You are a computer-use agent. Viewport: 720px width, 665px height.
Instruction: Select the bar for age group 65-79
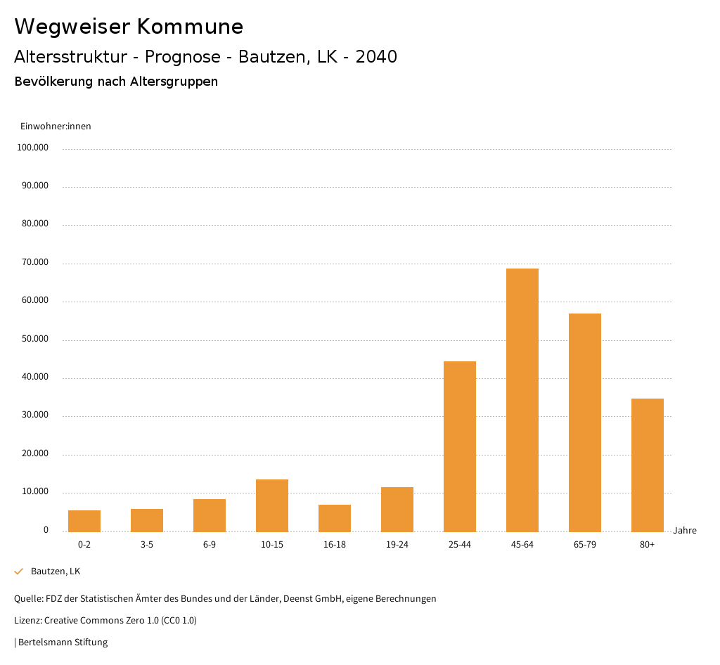(585, 422)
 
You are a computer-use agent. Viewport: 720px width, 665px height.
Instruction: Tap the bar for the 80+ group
(648, 465)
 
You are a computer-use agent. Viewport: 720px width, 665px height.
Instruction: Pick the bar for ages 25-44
(460, 446)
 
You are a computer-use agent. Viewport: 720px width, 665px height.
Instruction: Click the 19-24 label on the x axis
(397, 545)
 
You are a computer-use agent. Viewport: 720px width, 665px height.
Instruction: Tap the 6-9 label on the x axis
(210, 545)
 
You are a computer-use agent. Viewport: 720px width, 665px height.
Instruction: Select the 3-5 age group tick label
(147, 545)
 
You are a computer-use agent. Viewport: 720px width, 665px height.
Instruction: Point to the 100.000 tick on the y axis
(34, 148)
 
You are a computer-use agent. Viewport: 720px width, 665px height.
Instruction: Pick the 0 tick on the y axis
(46, 530)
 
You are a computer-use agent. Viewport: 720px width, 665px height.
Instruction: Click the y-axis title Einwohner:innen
(56, 127)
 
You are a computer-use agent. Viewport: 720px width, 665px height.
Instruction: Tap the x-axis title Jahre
(684, 531)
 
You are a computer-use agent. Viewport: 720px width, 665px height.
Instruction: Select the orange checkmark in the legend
(19, 572)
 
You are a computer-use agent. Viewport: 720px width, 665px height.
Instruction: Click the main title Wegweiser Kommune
(129, 27)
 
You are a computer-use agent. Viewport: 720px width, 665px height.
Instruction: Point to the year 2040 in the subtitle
(376, 57)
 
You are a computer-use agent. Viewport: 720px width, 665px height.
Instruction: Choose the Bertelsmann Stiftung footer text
(63, 642)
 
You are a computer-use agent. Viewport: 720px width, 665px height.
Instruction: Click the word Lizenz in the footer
(27, 621)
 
